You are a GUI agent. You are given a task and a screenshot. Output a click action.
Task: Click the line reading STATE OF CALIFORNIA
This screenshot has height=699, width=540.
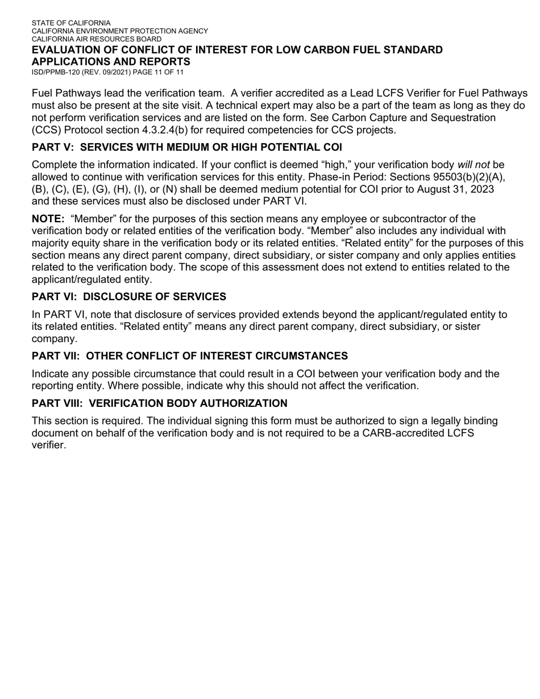pos(71,23)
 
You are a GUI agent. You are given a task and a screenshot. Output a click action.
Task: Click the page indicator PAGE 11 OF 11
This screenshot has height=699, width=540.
pos(159,72)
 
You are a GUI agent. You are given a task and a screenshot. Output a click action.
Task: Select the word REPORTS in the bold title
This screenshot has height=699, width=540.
pos(165,61)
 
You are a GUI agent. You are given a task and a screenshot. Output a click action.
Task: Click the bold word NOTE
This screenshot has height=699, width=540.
pos(48,219)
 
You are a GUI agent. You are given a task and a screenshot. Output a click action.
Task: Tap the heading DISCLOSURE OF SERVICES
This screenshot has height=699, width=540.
pos(155,297)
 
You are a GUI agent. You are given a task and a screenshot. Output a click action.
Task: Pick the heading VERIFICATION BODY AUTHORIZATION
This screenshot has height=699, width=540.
pos(188,403)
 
